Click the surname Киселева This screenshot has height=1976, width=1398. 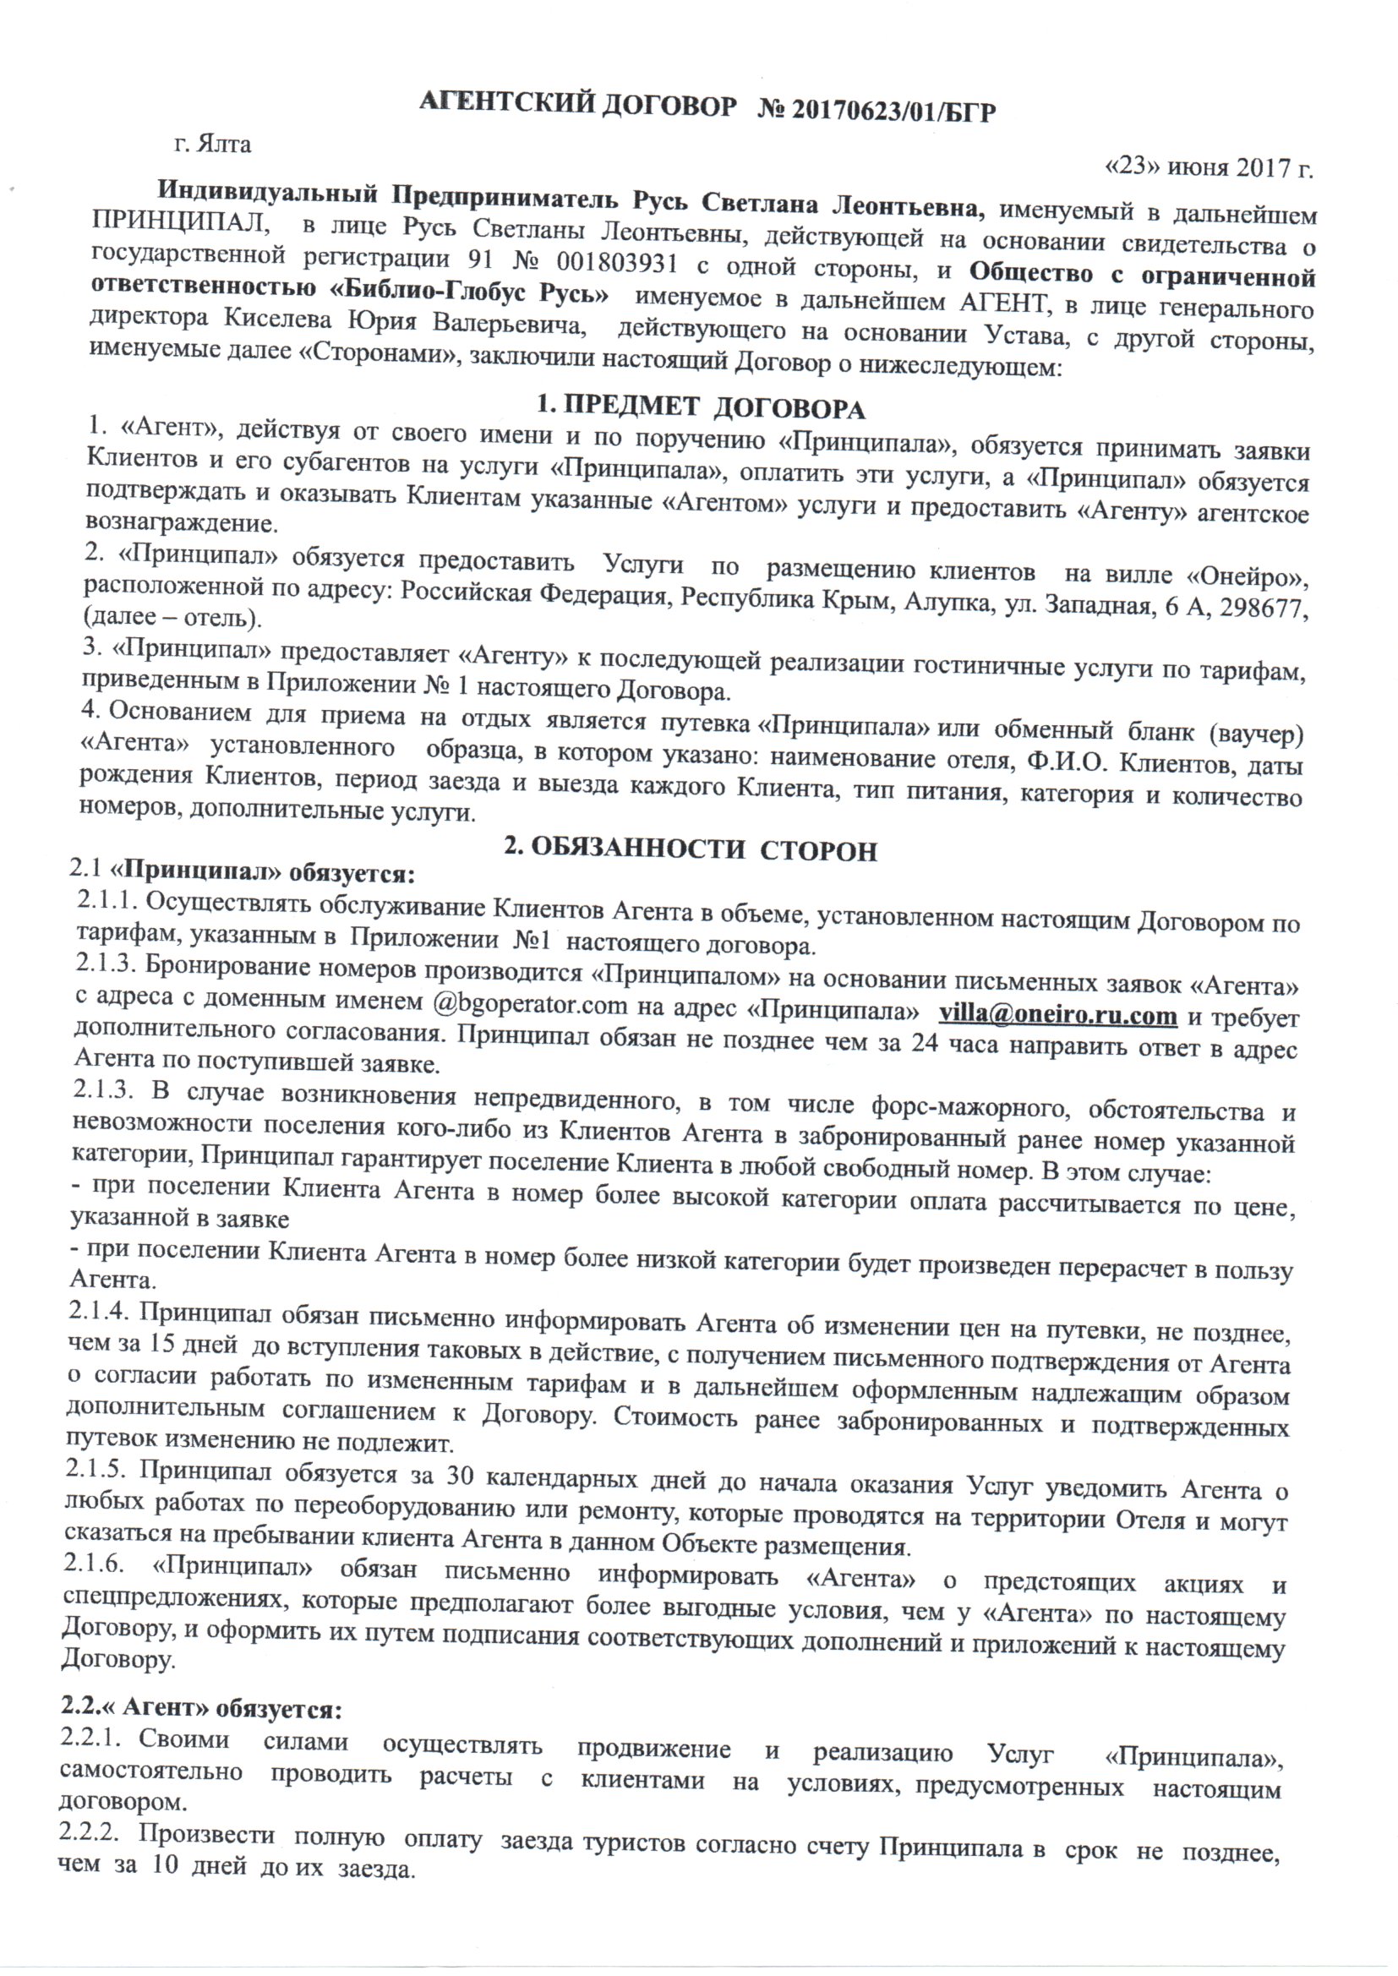(278, 319)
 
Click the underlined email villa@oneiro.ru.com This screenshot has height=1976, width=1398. (1057, 1016)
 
